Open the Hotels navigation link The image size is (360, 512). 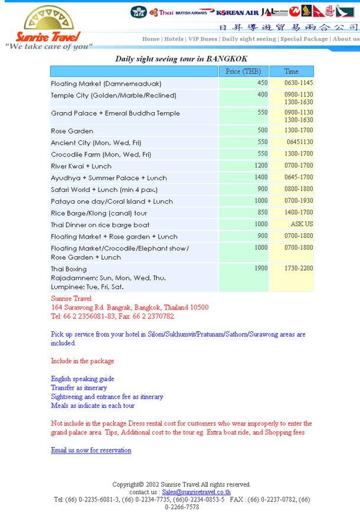[x=174, y=39]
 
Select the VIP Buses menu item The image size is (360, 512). [x=202, y=39]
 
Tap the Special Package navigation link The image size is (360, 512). [x=304, y=39]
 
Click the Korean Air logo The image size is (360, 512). [x=237, y=12]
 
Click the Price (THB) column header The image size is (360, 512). [x=243, y=71]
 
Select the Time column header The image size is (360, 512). [x=291, y=71]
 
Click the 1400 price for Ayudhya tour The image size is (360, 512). [x=261, y=177]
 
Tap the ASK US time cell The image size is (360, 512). [x=302, y=224]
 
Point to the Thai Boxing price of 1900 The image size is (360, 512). [x=261, y=269]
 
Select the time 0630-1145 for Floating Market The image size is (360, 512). [x=298, y=83]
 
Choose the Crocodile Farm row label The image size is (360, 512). [x=101, y=154]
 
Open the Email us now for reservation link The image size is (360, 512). [x=91, y=450]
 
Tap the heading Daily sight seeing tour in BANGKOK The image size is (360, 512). [x=181, y=58]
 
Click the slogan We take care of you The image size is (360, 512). [x=49, y=46]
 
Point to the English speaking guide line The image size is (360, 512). [x=83, y=379]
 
